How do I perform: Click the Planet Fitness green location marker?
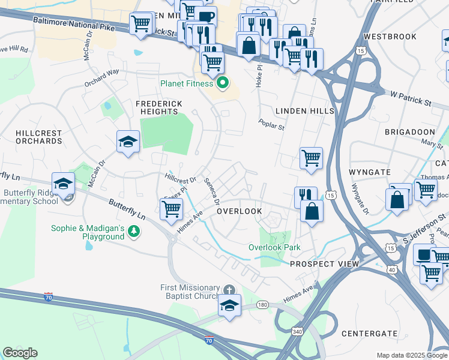pos(223,83)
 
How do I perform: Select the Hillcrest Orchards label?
pos(31,136)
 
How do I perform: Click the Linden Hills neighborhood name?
pos(300,111)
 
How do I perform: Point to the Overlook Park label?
pos(274,247)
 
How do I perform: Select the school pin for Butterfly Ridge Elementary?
pos(63,185)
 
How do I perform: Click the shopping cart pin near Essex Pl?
pos(172,209)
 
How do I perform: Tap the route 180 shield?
pos(262,305)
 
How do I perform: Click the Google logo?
pos(20,352)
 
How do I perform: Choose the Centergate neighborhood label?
pos(369,333)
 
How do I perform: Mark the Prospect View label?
pos(324,264)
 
